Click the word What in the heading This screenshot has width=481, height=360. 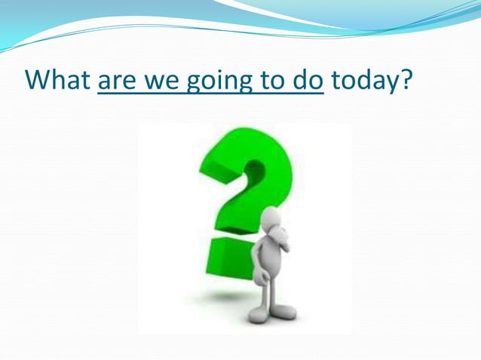click(57, 79)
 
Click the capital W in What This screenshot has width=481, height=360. click(37, 79)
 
